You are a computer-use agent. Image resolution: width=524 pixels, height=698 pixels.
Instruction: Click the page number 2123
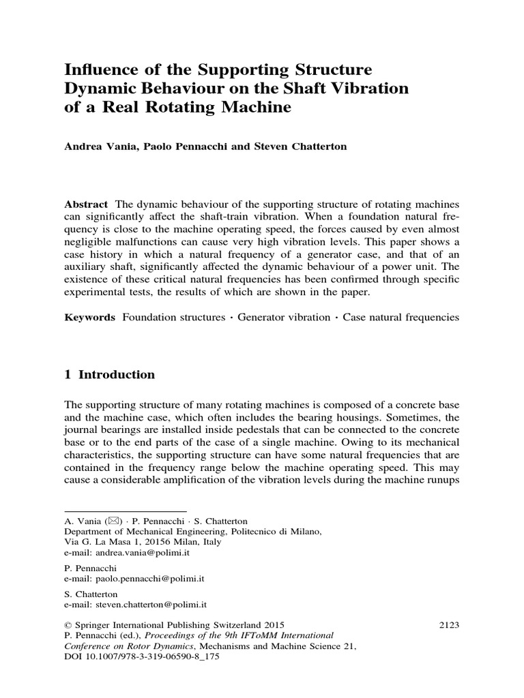click(447, 624)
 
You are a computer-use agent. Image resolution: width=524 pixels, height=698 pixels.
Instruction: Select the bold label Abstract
click(86, 205)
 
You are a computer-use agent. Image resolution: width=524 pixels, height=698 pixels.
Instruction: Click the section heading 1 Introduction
click(109, 375)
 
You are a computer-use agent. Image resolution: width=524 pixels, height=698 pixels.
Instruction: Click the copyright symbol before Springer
click(68, 624)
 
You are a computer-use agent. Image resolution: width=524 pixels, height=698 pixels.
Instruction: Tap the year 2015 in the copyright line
click(272, 624)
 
